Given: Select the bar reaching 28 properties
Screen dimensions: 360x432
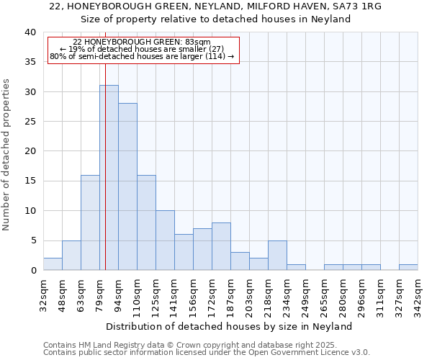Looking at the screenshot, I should point(127,186).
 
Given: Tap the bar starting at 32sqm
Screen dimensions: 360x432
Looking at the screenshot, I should point(53,264).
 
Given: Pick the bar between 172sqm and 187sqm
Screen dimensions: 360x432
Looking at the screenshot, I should point(221,246).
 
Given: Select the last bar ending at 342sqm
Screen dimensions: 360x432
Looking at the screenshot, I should point(408,267).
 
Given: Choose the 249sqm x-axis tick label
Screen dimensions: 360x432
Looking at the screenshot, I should point(305,294).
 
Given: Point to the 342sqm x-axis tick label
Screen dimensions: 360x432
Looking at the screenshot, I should point(418,294).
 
